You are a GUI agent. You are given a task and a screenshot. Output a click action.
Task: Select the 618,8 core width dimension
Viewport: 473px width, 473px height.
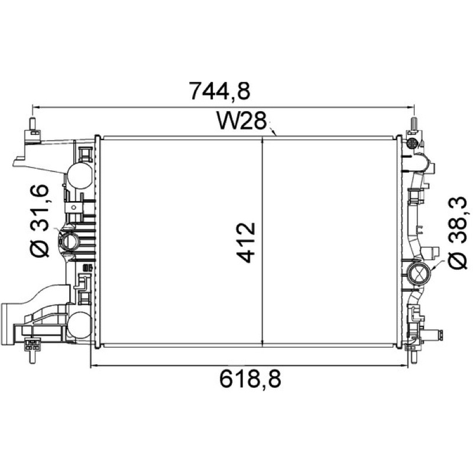[x=250, y=379]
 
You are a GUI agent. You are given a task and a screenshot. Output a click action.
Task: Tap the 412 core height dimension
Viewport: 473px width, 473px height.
[x=246, y=242]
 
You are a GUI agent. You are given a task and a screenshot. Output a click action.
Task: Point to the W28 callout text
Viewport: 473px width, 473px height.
[x=242, y=121]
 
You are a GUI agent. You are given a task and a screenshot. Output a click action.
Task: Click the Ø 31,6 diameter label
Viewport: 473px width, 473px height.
[x=40, y=221]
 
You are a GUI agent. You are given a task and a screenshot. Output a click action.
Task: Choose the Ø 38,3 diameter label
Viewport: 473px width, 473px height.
[x=457, y=233]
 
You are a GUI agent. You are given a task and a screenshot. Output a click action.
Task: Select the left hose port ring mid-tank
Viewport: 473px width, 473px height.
[x=70, y=241]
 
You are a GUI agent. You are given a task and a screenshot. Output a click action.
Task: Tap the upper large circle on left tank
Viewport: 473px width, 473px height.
[x=80, y=176]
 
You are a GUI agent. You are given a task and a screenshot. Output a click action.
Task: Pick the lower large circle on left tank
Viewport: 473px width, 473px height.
[x=79, y=325]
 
